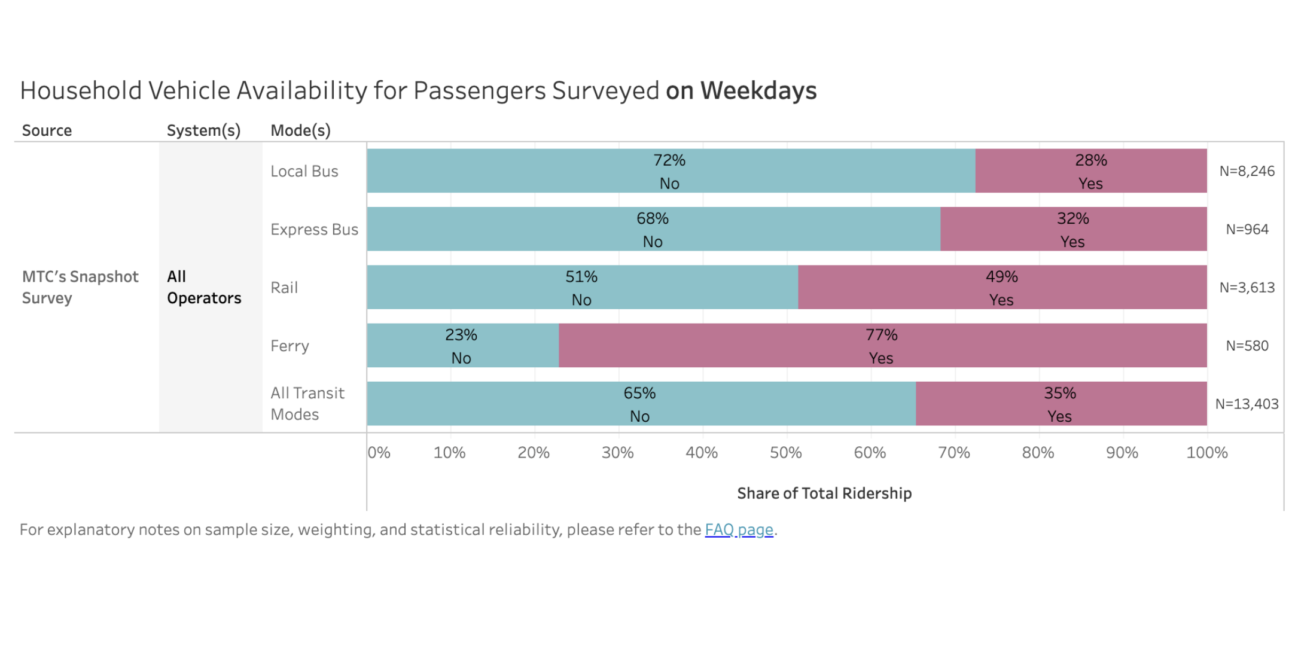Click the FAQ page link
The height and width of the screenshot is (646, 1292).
coord(739,530)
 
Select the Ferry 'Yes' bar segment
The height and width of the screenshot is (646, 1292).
coord(882,346)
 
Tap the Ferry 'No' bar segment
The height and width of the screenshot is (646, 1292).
coord(462,346)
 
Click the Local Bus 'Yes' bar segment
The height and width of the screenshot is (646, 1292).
coord(1090,171)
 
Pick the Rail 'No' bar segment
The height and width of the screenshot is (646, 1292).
coord(582,288)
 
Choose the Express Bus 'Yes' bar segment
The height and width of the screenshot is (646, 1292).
coord(1073,229)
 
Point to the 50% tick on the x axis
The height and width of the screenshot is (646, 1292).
coord(786,453)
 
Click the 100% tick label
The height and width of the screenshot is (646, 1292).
coord(1206,453)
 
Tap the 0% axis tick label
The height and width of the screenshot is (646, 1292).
coord(379,453)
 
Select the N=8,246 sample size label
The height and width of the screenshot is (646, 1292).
coord(1247,172)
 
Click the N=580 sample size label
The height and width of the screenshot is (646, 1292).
coord(1247,346)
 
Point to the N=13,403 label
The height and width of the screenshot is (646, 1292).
coord(1247,404)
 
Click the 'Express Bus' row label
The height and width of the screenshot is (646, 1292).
coord(314,230)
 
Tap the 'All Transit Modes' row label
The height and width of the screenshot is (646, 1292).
coord(307,404)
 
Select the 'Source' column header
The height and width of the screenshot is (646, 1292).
coord(47,130)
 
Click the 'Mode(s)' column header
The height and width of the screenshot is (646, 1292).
coord(300,130)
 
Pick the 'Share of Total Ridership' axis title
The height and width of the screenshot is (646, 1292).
coord(824,493)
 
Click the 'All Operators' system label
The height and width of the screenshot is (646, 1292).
coord(204,287)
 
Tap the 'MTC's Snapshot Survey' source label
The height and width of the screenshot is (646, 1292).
coord(80,287)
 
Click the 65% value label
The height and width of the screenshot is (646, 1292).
coord(639,394)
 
